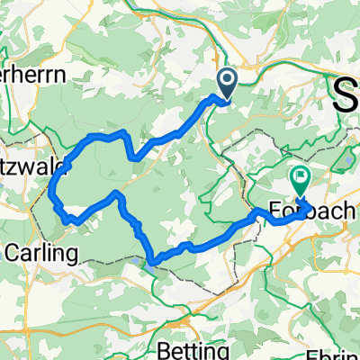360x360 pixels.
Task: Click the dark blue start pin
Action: tap(224, 85)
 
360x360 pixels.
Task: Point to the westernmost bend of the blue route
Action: tap(50, 189)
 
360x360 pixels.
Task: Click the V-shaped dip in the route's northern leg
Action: tap(132, 157)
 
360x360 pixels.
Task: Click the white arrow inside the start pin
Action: tap(224, 83)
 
